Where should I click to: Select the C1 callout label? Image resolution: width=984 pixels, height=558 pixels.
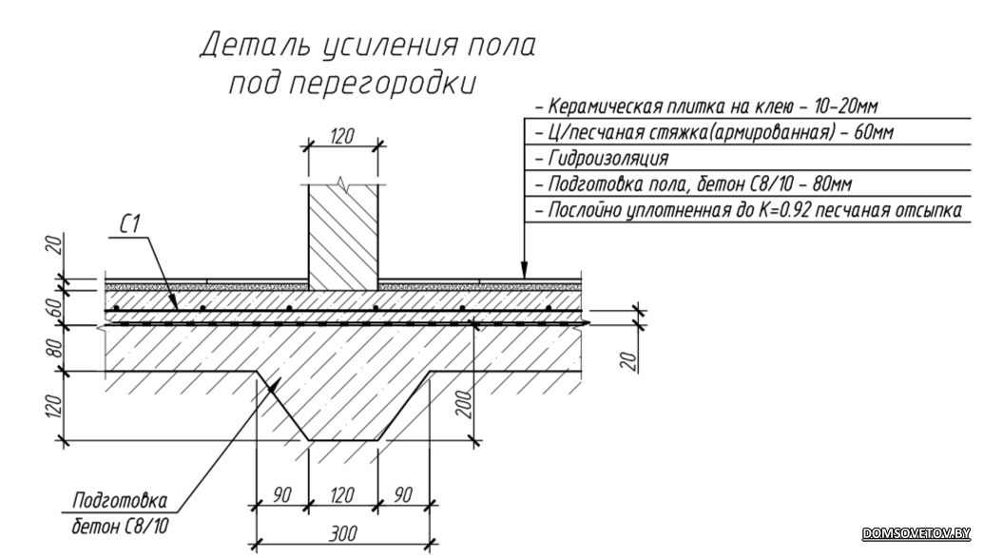(x=129, y=224)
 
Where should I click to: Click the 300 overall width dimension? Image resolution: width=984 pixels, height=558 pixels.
(x=342, y=533)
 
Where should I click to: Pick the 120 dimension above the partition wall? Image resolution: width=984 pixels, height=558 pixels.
(x=342, y=136)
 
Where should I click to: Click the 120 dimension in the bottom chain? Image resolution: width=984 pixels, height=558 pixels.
(x=342, y=495)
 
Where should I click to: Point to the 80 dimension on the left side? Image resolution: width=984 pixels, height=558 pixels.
(x=55, y=348)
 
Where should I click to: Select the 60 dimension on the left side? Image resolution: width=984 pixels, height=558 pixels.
(x=55, y=308)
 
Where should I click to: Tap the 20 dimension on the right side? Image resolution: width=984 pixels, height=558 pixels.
(x=630, y=360)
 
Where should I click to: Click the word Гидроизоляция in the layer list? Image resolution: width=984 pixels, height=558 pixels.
(x=608, y=158)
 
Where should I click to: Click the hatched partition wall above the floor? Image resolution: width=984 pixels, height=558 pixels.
(x=342, y=238)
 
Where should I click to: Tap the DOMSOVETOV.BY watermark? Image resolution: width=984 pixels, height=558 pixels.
(x=916, y=533)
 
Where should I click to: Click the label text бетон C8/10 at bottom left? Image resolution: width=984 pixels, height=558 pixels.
(x=120, y=526)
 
